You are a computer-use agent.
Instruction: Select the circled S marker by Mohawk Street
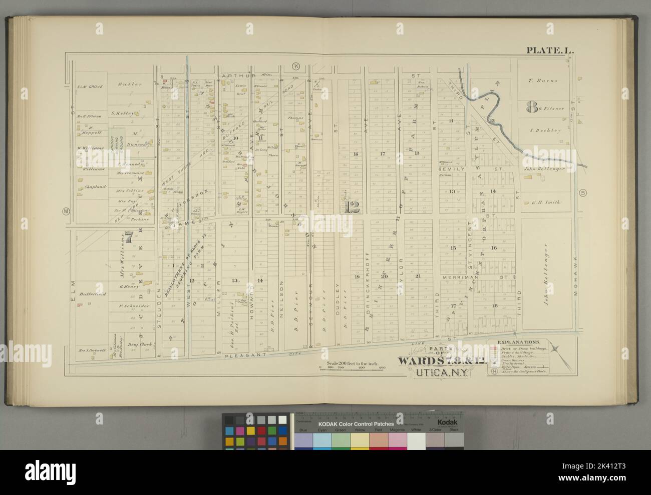[x=581, y=193]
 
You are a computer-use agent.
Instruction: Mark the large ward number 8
[x=531, y=106]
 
